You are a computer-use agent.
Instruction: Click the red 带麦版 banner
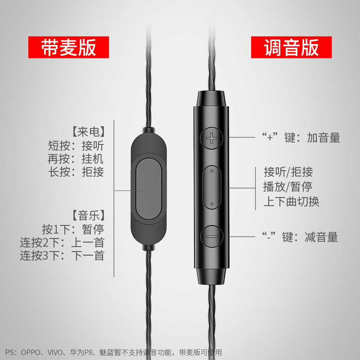(x=69, y=47)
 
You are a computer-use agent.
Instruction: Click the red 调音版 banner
(x=291, y=47)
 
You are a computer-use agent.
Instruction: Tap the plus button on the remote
(x=211, y=138)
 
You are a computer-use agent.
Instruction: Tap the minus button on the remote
(x=211, y=236)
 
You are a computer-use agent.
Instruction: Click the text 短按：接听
(x=76, y=146)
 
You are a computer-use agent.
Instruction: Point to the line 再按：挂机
(x=76, y=159)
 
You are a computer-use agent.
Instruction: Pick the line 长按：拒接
(x=76, y=172)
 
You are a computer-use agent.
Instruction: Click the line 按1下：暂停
(x=73, y=229)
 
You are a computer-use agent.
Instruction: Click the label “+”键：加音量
(x=301, y=138)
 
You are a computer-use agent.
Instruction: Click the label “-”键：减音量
(x=300, y=237)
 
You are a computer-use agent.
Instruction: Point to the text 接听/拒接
(x=288, y=172)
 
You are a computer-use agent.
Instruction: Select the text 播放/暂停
(x=288, y=186)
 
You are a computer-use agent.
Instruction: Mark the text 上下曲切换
(x=291, y=201)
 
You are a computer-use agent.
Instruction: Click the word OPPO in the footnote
(x=31, y=352)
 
